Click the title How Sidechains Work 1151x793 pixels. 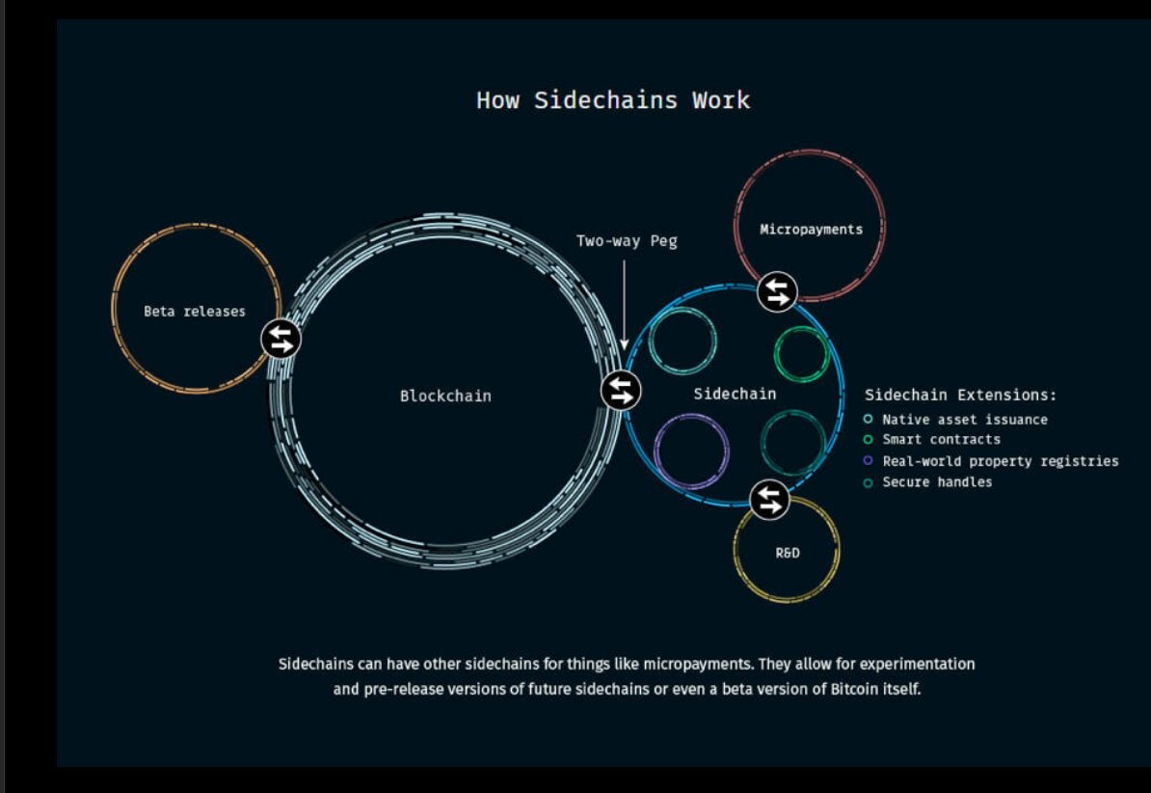613,100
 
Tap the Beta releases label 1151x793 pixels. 195,312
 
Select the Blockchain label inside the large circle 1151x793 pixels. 445,396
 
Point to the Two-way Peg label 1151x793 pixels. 627,241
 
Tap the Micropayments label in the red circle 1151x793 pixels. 811,230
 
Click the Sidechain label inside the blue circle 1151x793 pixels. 735,394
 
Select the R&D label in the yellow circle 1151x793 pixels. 788,553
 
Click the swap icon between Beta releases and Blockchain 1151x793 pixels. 281,339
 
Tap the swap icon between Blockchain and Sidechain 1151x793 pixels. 622,391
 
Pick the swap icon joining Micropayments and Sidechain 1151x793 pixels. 777,291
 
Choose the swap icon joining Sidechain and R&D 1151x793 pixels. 769,500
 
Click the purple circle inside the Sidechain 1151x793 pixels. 690,451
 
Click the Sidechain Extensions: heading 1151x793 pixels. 960,395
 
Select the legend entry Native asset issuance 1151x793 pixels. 964,420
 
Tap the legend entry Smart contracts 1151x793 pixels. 941,440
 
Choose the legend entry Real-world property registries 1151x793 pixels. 1000,461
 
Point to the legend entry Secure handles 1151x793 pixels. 937,482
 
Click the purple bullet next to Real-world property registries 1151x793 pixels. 869,461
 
